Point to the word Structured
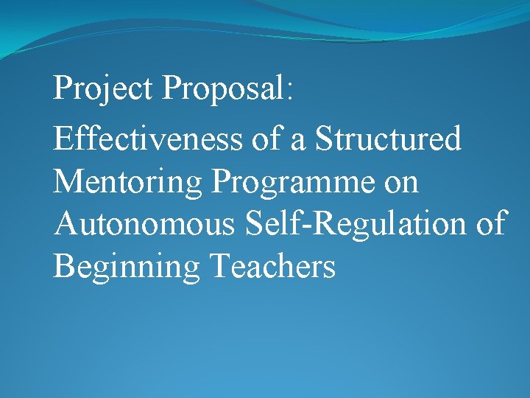pos(388,139)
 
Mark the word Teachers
pos(272,266)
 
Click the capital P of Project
pos(62,88)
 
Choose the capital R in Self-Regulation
pos(326,223)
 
